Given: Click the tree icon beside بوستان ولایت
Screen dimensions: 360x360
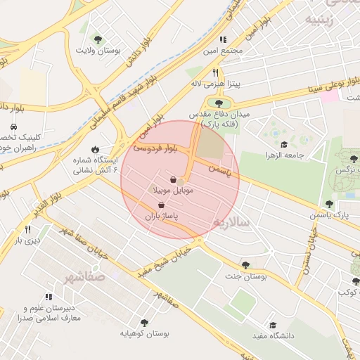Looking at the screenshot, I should point(98,39).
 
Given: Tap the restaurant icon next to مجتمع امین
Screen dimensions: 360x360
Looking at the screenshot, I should point(224,40).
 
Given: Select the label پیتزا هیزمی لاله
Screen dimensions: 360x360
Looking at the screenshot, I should point(217,84).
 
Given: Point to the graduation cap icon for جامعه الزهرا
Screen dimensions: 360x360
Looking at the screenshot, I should point(283,145).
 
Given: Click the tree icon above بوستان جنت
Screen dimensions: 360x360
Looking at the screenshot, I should point(245,265).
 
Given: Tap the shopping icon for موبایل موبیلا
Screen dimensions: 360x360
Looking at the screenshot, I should point(173,181).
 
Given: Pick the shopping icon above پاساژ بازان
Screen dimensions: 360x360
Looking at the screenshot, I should point(162,205).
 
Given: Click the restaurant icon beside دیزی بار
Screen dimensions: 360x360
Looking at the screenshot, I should point(27,229).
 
